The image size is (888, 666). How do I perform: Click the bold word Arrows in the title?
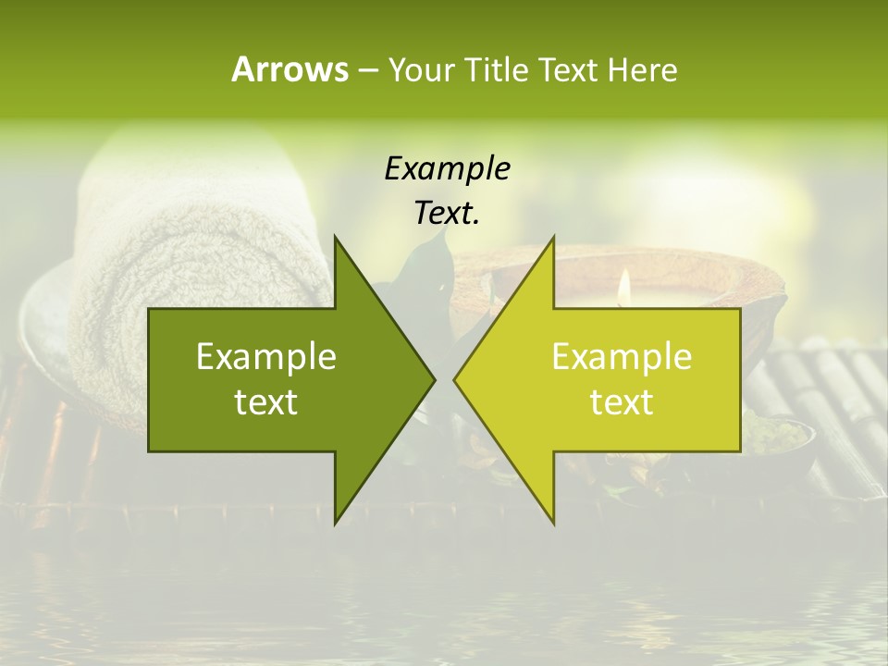[x=290, y=69]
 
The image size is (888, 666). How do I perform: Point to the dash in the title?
[x=367, y=70]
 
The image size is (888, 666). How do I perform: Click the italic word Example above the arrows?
[x=447, y=168]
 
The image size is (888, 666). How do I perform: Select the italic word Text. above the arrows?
[x=447, y=213]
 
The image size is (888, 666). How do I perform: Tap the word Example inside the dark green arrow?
[x=266, y=356]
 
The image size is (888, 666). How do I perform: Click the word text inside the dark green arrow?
[x=266, y=402]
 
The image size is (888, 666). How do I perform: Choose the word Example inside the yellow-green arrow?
[x=622, y=356]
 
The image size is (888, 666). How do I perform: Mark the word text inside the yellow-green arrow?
[x=622, y=402]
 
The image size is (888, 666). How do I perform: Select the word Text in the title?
[x=568, y=69]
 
